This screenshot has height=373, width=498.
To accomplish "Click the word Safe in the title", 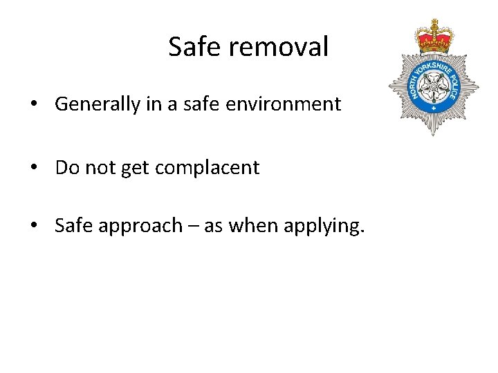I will point(194,47).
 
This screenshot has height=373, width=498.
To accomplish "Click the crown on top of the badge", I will point(433,36).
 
